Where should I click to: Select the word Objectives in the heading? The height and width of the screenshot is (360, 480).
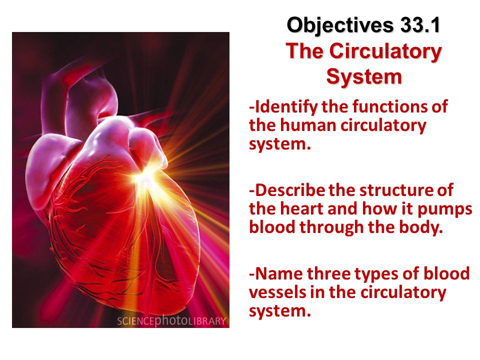pos(340,25)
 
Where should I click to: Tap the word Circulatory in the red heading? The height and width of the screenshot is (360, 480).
pos(385,51)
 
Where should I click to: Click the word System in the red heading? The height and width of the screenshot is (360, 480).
pos(363,76)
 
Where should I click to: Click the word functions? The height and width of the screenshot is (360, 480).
pos(396,106)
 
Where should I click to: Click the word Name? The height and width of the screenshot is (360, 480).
pos(278,274)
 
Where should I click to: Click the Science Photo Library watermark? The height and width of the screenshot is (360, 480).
pos(171,320)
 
